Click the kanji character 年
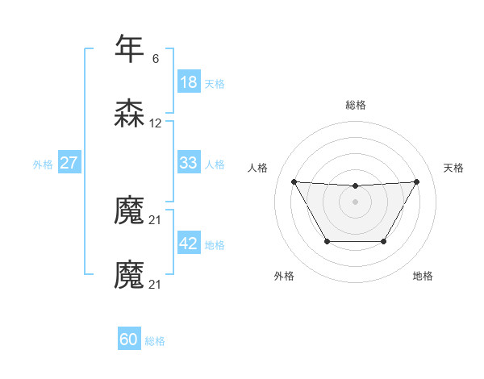(x=129, y=48)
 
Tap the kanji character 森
(x=129, y=114)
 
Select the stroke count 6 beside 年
(x=156, y=59)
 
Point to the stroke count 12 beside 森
(x=156, y=124)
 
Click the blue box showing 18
(x=188, y=82)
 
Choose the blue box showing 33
(x=188, y=163)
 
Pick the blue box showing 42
(x=188, y=244)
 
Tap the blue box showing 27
(x=69, y=163)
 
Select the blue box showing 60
(x=128, y=339)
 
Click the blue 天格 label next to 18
(x=215, y=83)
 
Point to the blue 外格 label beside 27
(x=43, y=164)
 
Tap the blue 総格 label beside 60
(x=155, y=340)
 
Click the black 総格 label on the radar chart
(x=355, y=105)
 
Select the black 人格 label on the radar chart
(x=257, y=168)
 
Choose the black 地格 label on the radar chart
(x=423, y=276)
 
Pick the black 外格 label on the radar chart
(x=284, y=276)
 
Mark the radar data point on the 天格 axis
(x=416, y=181)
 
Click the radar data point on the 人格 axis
(x=294, y=181)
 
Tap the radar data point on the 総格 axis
(x=355, y=186)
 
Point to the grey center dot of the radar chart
(x=355, y=202)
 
